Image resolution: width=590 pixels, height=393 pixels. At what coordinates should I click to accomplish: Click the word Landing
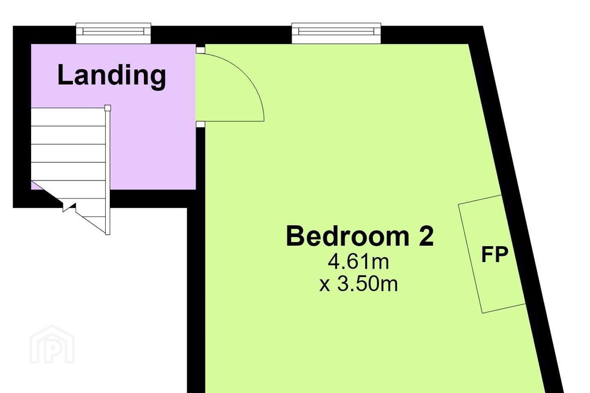click(x=112, y=76)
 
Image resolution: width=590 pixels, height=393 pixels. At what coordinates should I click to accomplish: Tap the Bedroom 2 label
click(x=360, y=236)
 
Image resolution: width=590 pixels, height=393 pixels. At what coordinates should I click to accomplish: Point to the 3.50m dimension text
click(x=368, y=284)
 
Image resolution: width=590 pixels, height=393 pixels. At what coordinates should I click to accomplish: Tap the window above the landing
click(x=113, y=34)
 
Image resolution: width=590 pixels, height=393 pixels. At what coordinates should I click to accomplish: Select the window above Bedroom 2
click(x=336, y=34)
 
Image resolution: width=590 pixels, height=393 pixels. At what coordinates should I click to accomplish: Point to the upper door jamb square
click(x=200, y=50)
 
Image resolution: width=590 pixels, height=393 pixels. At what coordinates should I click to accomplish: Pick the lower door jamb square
click(x=200, y=124)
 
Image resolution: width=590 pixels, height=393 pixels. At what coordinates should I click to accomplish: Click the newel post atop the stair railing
click(x=107, y=108)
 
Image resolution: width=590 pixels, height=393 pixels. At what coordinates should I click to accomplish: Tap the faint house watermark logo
click(x=52, y=344)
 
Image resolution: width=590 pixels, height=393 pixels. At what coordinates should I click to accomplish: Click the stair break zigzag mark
click(x=69, y=207)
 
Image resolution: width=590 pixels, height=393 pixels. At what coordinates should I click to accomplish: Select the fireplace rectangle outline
click(x=492, y=254)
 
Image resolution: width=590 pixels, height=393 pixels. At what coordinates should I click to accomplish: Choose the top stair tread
click(x=68, y=117)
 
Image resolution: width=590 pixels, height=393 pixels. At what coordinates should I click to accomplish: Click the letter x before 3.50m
click(x=325, y=286)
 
